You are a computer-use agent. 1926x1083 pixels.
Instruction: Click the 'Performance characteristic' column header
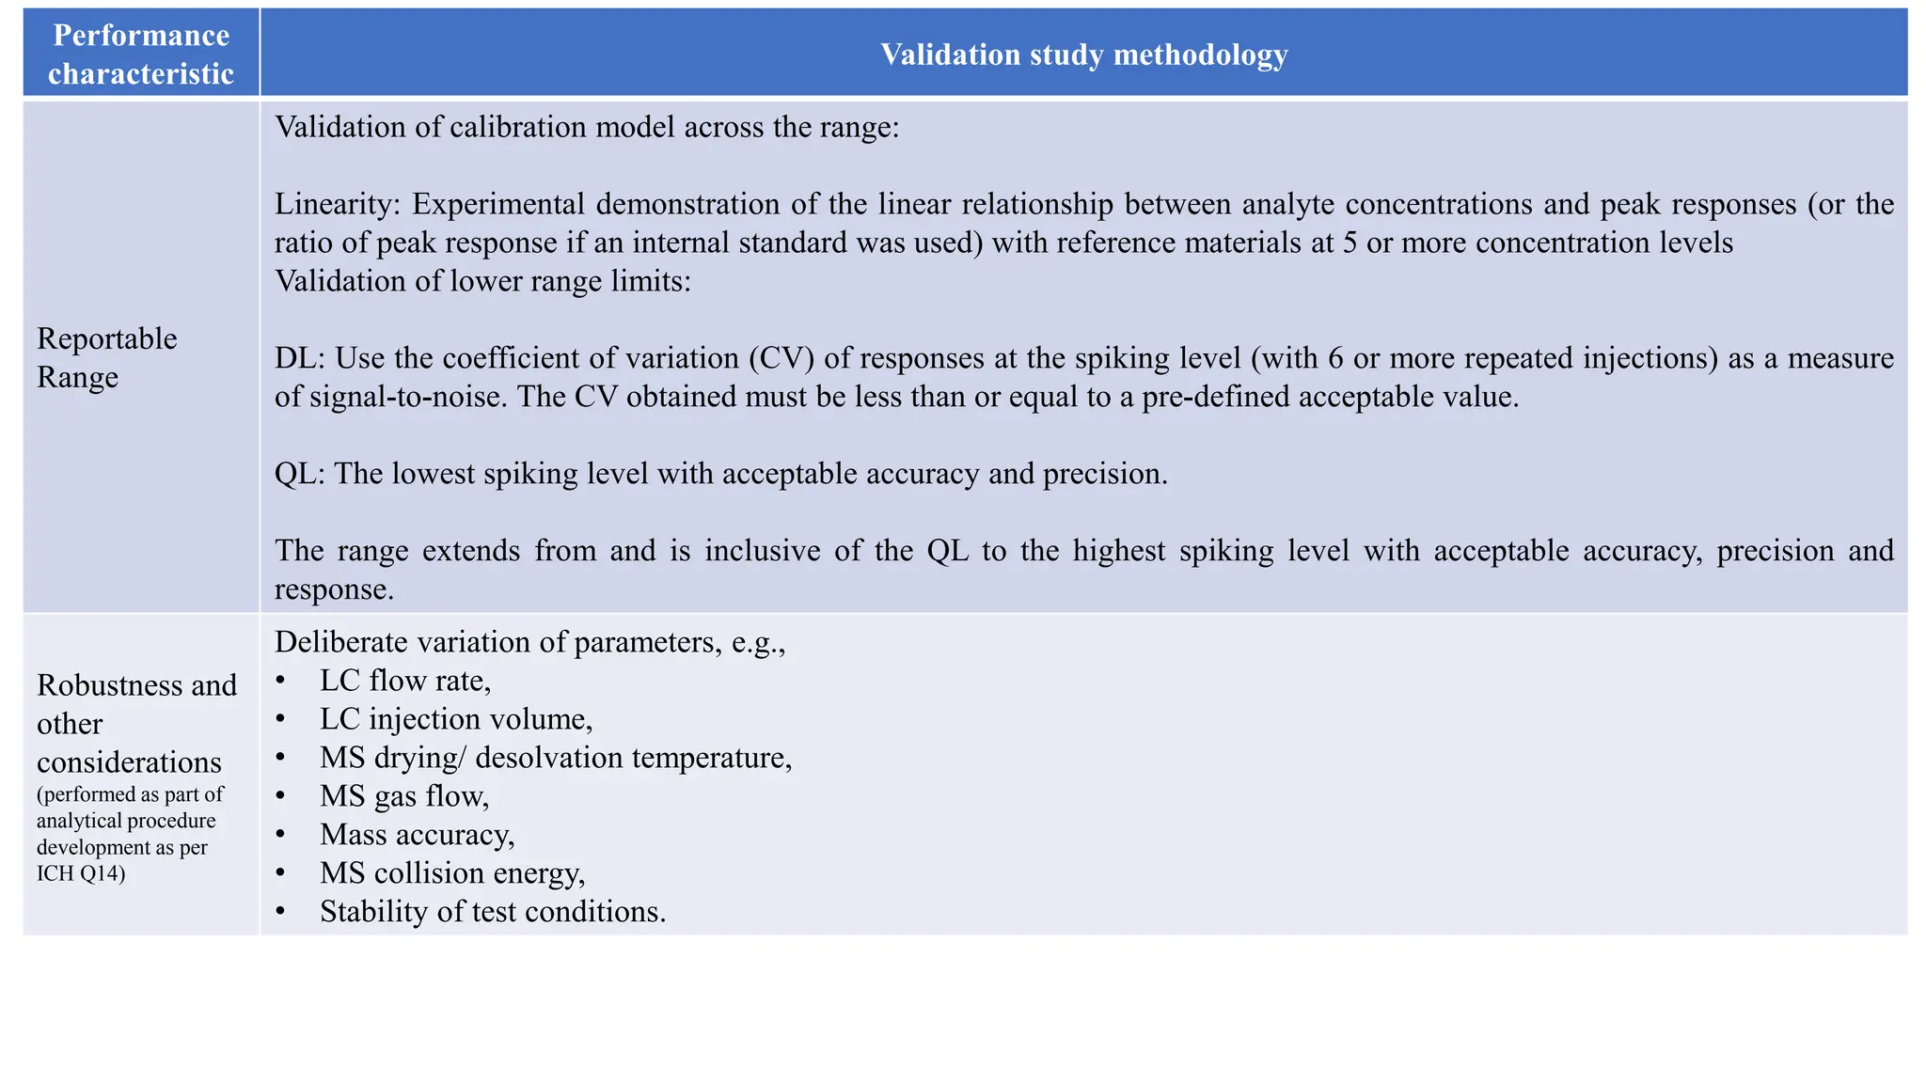tap(141, 54)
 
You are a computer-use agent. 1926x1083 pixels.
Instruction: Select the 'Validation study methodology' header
tap(1083, 54)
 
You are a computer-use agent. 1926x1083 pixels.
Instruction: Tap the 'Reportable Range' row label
tap(106, 357)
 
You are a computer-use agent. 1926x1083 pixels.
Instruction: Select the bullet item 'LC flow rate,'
tap(405, 680)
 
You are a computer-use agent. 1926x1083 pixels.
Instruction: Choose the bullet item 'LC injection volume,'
tap(456, 718)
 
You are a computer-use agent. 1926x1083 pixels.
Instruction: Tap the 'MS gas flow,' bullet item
tap(404, 795)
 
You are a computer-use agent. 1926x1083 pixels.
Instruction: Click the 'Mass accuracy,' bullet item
tap(417, 834)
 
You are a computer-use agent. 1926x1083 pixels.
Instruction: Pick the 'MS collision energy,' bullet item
tap(452, 872)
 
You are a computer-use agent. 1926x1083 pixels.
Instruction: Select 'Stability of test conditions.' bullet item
tap(493, 911)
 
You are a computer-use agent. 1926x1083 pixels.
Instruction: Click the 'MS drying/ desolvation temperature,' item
tap(556, 757)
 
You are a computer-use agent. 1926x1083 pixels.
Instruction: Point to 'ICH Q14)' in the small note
tap(81, 873)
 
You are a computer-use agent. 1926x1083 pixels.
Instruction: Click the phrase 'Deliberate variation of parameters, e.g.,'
tap(529, 642)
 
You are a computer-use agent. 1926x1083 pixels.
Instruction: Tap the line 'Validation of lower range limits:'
tap(482, 281)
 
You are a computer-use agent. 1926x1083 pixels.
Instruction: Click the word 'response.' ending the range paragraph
tap(334, 589)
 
